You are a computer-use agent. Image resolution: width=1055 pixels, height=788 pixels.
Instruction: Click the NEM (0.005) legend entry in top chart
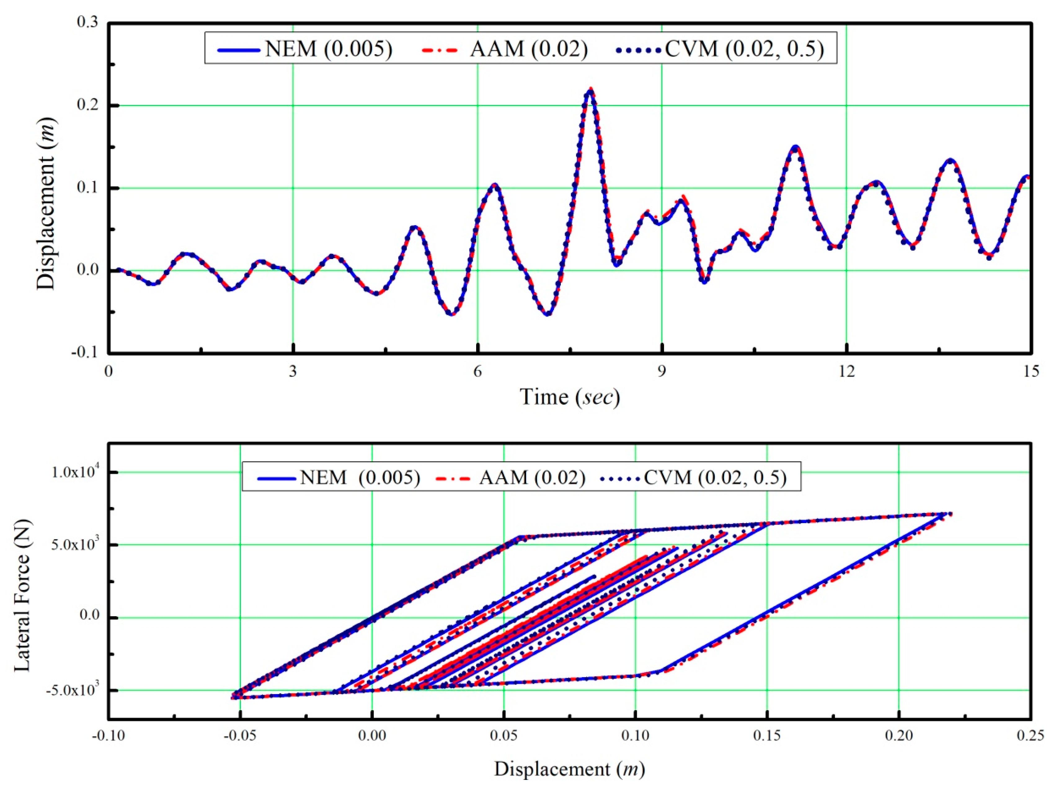click(305, 49)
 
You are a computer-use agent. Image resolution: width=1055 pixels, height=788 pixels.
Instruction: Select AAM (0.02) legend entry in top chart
click(505, 49)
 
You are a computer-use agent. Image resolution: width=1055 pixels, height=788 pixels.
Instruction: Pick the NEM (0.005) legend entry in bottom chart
click(339, 477)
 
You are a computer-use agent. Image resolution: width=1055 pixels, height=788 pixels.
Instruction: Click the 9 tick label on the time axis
click(662, 371)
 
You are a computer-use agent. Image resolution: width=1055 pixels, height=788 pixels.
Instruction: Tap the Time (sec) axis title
click(570, 397)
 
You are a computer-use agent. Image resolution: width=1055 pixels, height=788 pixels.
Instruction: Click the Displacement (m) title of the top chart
click(46, 204)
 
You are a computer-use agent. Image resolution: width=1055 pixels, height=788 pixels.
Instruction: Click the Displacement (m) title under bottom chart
click(570, 769)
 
